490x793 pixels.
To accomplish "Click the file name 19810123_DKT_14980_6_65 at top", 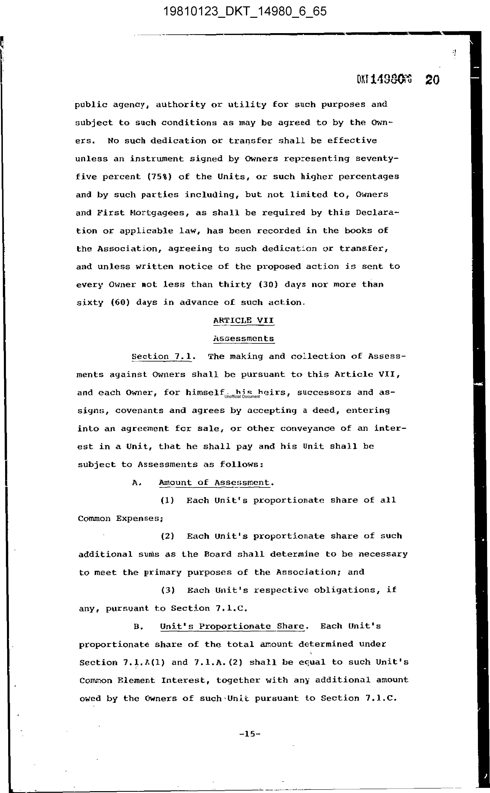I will click(x=245, y=12).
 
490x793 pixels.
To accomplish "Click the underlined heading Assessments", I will click(x=243, y=338).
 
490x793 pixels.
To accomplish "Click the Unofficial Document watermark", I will click(x=242, y=396).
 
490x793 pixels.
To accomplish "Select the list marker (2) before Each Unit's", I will click(x=168, y=536).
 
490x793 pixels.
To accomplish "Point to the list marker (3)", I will click(x=168, y=590).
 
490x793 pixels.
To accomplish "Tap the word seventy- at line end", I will click(x=377, y=159).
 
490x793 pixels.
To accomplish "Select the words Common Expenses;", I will click(x=120, y=518).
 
